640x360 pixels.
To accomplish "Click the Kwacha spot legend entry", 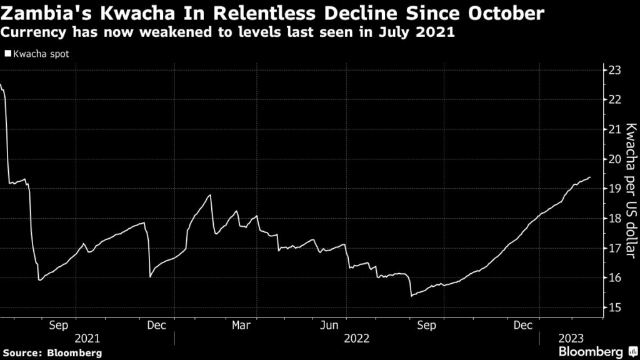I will [x=40, y=54].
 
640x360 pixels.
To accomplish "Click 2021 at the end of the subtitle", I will [x=437, y=32].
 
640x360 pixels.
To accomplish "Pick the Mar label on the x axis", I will [x=241, y=325].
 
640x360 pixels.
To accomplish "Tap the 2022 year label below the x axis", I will [x=357, y=338].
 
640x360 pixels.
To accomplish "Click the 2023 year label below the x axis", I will [x=571, y=338].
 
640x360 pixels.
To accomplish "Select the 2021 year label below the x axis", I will [x=87, y=338].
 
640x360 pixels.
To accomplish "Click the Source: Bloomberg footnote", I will [x=51, y=352].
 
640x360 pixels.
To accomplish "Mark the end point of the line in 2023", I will [x=590, y=177].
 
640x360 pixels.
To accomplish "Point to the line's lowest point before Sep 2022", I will [x=411, y=296].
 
